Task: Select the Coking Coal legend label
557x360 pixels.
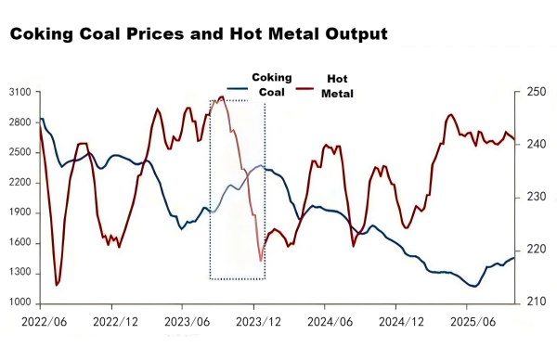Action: coord(272,84)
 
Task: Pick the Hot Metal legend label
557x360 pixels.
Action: coord(338,86)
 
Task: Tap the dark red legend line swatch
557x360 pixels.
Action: coord(305,89)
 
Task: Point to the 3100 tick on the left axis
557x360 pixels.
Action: coord(20,92)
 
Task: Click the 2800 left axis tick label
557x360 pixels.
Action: coord(20,122)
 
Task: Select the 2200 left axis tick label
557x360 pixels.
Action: coord(20,182)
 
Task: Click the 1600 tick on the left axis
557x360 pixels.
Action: coord(20,242)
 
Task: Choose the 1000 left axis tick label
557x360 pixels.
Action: coord(20,303)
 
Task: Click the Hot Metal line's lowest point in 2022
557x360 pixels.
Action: coord(57,285)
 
